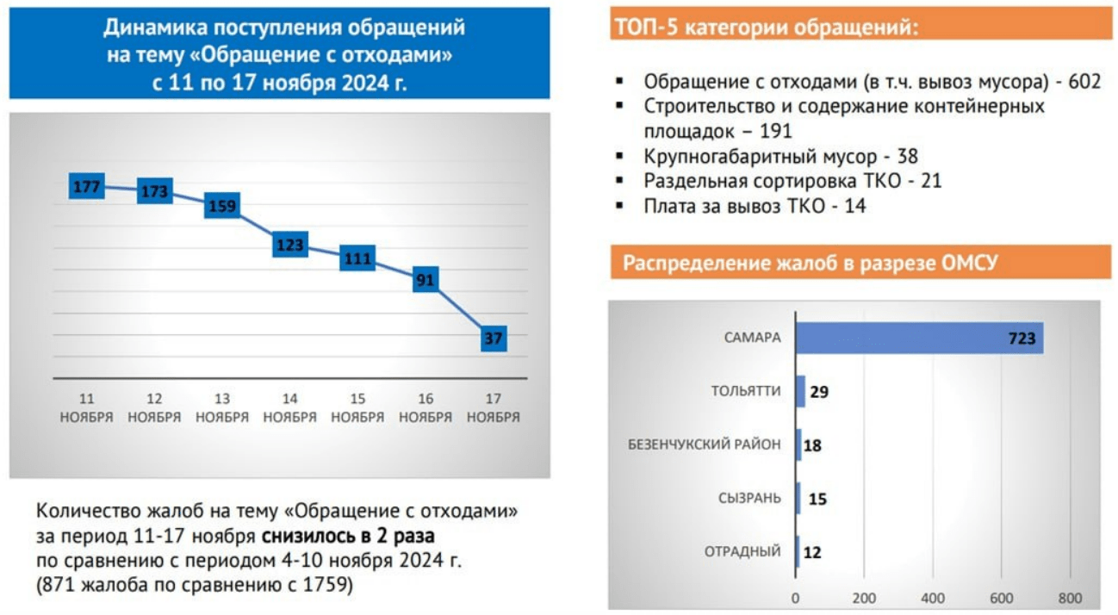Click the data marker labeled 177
click(x=87, y=186)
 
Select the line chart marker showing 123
click(x=290, y=245)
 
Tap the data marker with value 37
click(x=494, y=339)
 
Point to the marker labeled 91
click(x=425, y=280)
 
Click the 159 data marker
click(x=222, y=206)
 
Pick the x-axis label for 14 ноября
click(x=290, y=407)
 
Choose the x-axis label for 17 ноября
click(x=494, y=407)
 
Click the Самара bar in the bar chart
click(x=919, y=338)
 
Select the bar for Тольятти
click(x=800, y=391)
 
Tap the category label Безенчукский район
click(x=704, y=444)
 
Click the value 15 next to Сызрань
click(x=817, y=499)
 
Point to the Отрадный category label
click(x=742, y=551)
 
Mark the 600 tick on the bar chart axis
click(x=1001, y=598)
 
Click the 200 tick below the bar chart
click(x=864, y=598)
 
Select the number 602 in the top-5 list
click(x=1084, y=81)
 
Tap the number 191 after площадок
click(x=775, y=131)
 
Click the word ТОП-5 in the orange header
click(x=646, y=27)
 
